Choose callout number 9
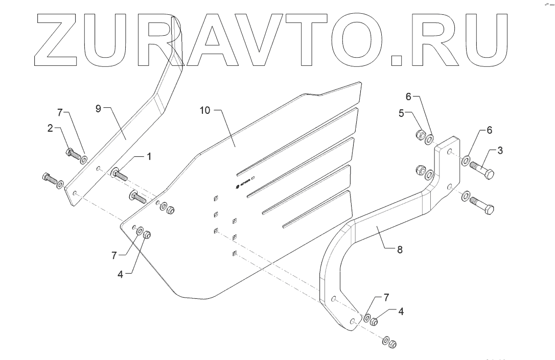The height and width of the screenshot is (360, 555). click(x=99, y=108)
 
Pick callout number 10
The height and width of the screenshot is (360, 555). click(x=204, y=110)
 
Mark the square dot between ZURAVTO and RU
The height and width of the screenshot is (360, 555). click(x=397, y=60)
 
